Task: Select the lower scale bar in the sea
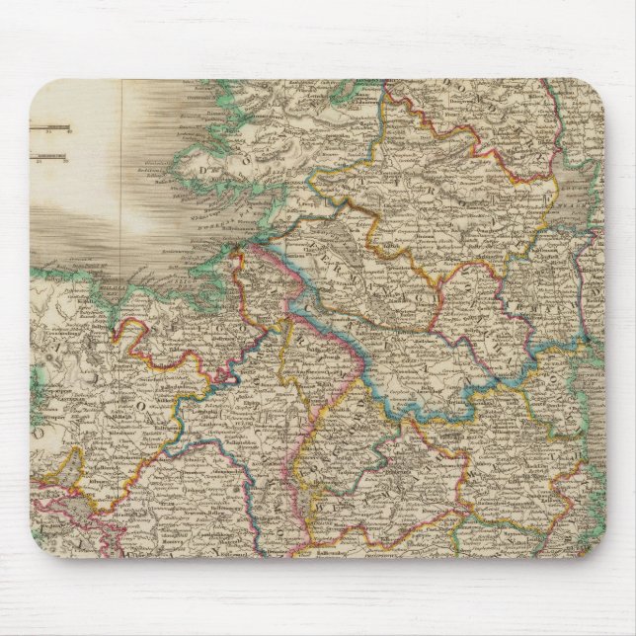click(x=47, y=153)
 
